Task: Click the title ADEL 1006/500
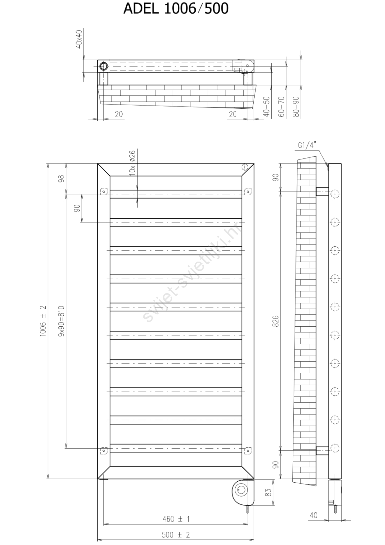click(176, 9)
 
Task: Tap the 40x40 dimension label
click(79, 39)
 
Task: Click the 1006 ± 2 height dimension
click(43, 321)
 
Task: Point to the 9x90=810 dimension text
click(61, 321)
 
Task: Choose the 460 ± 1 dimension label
click(176, 519)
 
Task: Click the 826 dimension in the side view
click(275, 321)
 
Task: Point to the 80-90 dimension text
click(296, 107)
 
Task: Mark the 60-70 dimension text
click(282, 107)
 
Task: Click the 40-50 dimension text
click(267, 107)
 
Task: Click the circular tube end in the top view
click(103, 66)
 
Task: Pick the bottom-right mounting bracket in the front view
click(248, 450)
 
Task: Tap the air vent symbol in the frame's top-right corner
click(245, 167)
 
